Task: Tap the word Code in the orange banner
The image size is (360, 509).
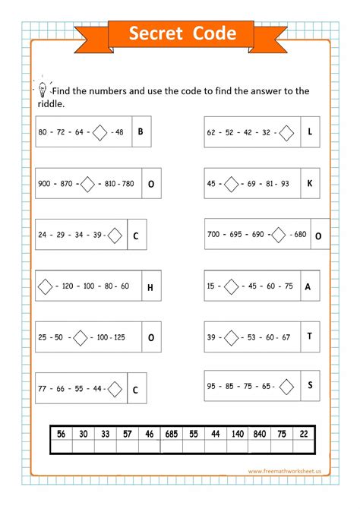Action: pyautogui.click(x=214, y=33)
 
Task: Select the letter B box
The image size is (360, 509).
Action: pyautogui.click(x=141, y=131)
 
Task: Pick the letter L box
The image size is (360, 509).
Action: pyautogui.click(x=310, y=131)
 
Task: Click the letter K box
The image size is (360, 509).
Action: pyautogui.click(x=310, y=183)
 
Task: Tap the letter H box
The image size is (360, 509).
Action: pyautogui.click(x=150, y=287)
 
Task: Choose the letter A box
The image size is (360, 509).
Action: pyautogui.click(x=308, y=286)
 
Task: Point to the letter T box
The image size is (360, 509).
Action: pyautogui.click(x=310, y=336)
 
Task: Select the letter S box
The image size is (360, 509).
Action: pyautogui.click(x=310, y=385)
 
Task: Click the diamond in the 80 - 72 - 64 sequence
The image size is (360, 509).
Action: pyautogui.click(x=99, y=132)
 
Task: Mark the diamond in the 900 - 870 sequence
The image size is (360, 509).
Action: pyautogui.click(x=87, y=184)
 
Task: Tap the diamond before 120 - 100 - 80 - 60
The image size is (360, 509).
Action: pyautogui.click(x=45, y=287)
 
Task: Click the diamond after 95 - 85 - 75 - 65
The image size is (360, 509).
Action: pyautogui.click(x=286, y=386)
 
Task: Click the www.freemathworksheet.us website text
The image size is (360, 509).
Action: pyautogui.click(x=285, y=471)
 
